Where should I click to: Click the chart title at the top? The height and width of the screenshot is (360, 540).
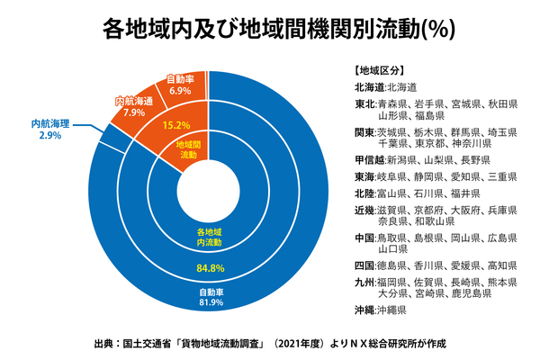(x=270, y=30)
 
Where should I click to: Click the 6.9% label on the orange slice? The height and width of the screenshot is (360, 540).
(x=180, y=92)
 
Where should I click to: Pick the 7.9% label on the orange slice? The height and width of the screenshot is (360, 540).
(x=134, y=113)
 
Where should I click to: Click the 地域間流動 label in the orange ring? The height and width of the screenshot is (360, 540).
(x=188, y=149)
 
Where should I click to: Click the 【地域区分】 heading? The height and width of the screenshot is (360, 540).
(x=378, y=69)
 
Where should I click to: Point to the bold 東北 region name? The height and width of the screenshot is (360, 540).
(x=364, y=103)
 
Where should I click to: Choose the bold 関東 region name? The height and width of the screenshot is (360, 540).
(x=364, y=131)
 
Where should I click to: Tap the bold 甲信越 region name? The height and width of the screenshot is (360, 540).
(x=369, y=158)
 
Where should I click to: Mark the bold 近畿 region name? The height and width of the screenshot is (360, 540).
(x=364, y=209)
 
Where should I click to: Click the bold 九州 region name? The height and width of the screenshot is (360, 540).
(x=364, y=283)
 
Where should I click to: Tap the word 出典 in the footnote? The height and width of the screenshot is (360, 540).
(x=105, y=343)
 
